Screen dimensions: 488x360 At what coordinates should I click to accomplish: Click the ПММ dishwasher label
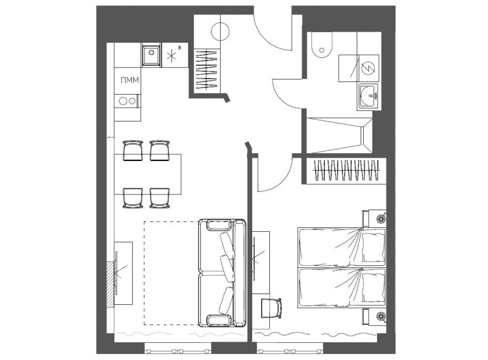pyautogui.click(x=129, y=80)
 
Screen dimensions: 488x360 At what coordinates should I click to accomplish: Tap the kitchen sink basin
pyautogui.click(x=151, y=56)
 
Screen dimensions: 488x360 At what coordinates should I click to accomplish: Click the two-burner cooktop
pyautogui.click(x=127, y=101)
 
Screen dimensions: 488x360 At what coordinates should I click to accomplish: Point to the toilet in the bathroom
pyautogui.click(x=321, y=45)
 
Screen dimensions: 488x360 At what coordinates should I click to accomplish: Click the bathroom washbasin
pyautogui.click(x=368, y=96)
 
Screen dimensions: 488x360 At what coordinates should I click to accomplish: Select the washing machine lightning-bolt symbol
pyautogui.click(x=368, y=68)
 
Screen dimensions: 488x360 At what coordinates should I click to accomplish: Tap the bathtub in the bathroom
pyautogui.click(x=339, y=135)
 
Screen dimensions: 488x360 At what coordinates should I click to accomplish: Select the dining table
pyautogui.click(x=148, y=174)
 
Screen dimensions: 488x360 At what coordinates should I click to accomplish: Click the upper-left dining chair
pyautogui.click(x=133, y=150)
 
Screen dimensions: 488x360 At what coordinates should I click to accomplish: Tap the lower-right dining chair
pyautogui.click(x=160, y=198)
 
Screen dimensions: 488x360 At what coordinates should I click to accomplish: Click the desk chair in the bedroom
pyautogui.click(x=271, y=308)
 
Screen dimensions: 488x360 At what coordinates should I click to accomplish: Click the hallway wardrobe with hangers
pyautogui.click(x=208, y=71)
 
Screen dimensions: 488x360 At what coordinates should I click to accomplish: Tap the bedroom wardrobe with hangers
pyautogui.click(x=346, y=170)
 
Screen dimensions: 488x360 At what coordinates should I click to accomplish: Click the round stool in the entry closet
pyautogui.click(x=220, y=32)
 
